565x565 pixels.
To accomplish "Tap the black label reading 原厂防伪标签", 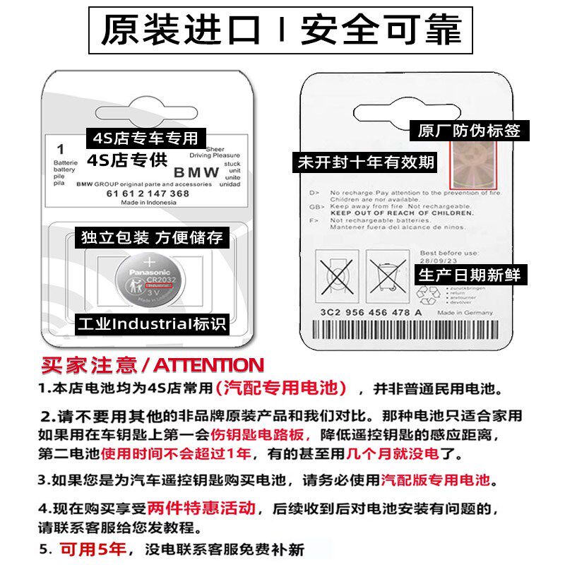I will [x=469, y=130].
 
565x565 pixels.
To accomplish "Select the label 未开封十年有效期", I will [x=365, y=162].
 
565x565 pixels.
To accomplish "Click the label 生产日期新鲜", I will [x=469, y=274].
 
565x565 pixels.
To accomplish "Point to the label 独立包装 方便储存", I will [x=151, y=237].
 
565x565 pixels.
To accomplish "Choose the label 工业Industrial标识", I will [x=151, y=324].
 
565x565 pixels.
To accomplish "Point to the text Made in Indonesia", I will [x=147, y=202].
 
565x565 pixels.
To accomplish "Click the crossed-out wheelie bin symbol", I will [x=387, y=277].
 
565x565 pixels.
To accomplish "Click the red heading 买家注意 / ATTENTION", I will [x=152, y=365].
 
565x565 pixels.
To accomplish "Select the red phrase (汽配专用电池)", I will [x=283, y=388].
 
